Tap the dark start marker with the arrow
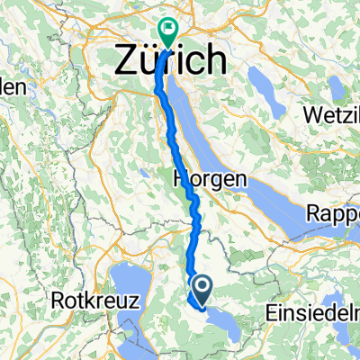[202, 290]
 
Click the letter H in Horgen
[179, 179]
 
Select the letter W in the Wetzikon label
[291, 118]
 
